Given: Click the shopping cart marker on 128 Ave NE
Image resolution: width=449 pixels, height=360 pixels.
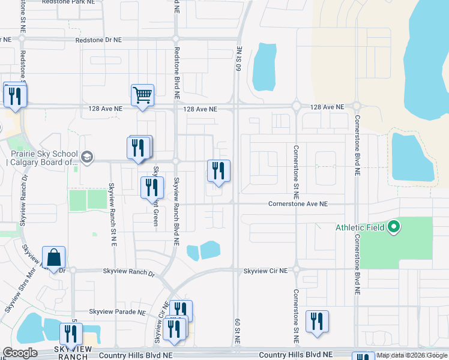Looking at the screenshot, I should coord(142,95).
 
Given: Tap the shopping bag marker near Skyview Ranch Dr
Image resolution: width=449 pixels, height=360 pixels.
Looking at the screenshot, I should coord(53,257).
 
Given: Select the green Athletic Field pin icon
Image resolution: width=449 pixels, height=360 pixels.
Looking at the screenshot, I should coord(394,227).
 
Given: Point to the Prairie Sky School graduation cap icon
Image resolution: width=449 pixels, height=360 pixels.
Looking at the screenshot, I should coord(86,157).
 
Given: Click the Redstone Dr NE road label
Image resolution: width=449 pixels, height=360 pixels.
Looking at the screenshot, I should coord(98,40).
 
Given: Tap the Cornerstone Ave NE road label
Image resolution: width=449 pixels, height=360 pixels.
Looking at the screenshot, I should coord(298,204).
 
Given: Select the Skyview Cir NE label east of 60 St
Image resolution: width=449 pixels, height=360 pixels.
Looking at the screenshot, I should coord(265,271).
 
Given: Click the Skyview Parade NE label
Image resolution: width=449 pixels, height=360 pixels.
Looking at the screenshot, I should coord(118,313).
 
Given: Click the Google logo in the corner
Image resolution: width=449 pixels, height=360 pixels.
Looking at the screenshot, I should coord(20,353).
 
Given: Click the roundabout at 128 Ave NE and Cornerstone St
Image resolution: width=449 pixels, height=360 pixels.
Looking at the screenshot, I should coord(296,107).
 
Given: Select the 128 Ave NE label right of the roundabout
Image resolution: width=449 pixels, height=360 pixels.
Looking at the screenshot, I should coord(327,107).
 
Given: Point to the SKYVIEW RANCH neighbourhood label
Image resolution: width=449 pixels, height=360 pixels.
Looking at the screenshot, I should coord(73,353).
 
